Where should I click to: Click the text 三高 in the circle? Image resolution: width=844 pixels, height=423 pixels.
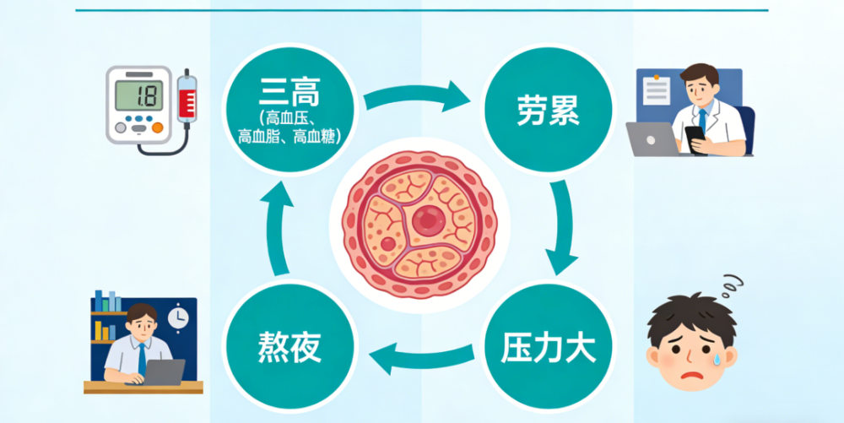tap(289, 94)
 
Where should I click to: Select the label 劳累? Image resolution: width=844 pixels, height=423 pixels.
tap(548, 111)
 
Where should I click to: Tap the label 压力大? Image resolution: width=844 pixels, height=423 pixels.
tap(548, 348)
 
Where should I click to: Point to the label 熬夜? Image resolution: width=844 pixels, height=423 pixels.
tap(289, 347)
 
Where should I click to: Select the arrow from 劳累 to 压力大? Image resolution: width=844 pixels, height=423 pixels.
tap(562, 227)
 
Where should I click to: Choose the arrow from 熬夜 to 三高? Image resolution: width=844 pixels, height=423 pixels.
tap(277, 228)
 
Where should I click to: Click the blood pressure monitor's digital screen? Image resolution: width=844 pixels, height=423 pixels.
tap(139, 95)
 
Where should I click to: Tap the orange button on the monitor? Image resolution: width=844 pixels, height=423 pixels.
tap(157, 127)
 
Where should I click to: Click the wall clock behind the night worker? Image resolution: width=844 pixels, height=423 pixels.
tap(177, 317)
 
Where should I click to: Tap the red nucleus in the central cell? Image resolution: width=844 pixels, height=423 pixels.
tap(429, 220)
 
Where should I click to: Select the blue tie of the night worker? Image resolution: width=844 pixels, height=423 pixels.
tap(142, 359)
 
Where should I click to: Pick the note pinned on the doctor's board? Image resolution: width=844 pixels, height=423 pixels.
tap(657, 90)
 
